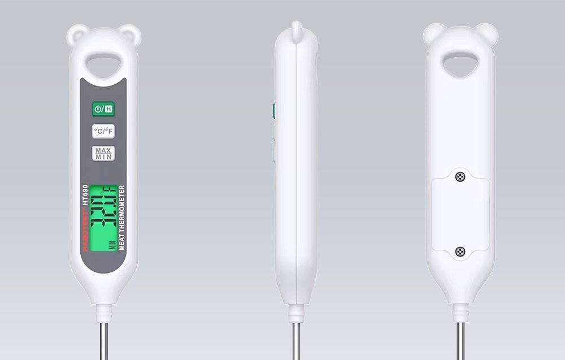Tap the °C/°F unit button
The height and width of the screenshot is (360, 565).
pos(103,132)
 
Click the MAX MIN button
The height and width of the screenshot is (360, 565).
pos(103,153)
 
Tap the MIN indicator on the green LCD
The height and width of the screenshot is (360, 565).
pos(96,244)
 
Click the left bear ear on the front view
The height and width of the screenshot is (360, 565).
pos(76,35)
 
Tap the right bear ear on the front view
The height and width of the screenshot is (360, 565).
pos(130,35)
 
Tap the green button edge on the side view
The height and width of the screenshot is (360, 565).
pos(273,111)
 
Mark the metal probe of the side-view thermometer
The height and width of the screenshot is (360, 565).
pos(296,339)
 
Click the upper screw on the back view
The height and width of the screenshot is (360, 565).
pos(460,177)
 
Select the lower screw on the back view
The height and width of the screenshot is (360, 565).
pos(460,251)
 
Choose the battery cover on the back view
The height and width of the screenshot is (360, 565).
pos(460,214)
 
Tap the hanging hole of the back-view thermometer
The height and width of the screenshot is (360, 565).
pos(460,64)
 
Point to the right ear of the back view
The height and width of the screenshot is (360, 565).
pos(487,34)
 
